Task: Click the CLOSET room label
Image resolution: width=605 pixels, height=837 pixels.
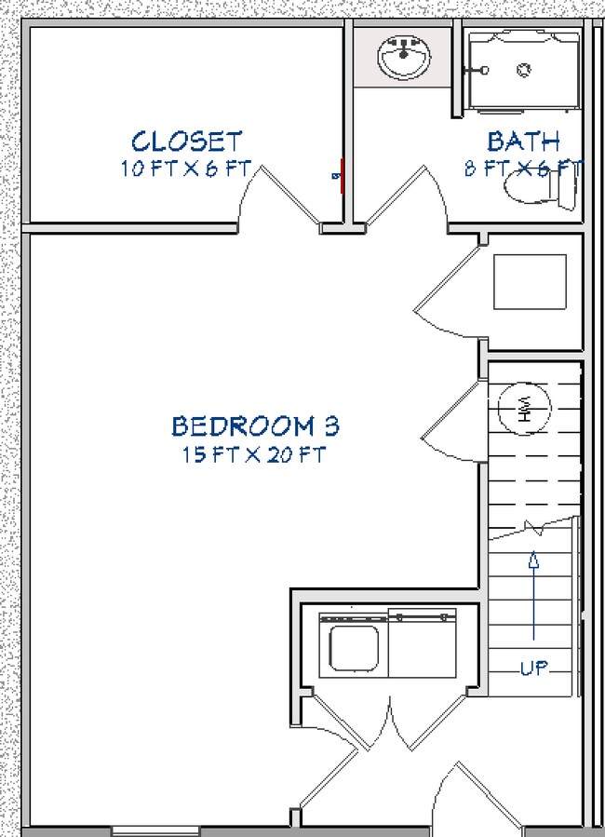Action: tap(186, 142)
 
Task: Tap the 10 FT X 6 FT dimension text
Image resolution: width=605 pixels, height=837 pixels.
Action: tap(186, 169)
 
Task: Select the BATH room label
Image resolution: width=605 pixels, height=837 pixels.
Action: tap(524, 142)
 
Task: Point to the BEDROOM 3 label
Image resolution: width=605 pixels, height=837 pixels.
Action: tap(255, 426)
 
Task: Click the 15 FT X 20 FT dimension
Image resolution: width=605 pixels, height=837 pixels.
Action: tap(255, 455)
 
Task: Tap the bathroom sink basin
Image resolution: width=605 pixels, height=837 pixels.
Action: tap(404, 58)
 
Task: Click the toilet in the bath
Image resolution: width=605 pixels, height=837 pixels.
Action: tap(540, 190)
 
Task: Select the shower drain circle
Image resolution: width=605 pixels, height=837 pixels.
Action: tap(524, 69)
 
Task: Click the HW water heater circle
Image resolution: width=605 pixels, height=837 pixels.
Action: tap(525, 409)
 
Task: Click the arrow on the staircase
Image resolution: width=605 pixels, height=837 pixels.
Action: tap(534, 596)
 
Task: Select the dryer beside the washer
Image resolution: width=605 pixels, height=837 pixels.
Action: tap(423, 642)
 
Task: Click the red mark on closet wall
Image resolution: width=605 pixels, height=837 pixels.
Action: tap(343, 174)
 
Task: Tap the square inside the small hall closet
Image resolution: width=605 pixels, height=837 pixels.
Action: tap(529, 281)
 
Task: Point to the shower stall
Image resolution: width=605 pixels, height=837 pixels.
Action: tap(524, 69)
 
